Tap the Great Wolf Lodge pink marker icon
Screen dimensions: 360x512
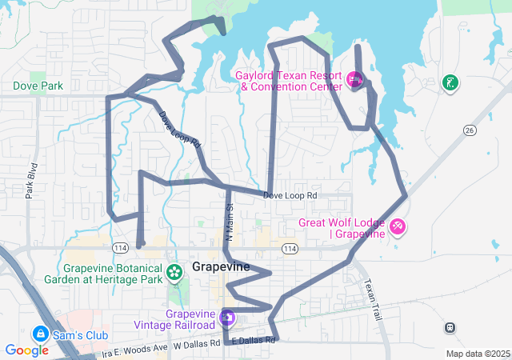398,228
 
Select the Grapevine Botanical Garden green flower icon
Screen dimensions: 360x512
174,273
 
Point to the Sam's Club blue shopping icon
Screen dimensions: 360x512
39,333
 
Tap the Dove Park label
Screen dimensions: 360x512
38,85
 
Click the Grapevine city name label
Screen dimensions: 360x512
222,266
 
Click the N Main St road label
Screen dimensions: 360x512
229,222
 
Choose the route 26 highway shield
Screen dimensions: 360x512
470,130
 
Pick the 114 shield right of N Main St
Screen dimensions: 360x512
290,250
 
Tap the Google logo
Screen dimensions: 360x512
26,350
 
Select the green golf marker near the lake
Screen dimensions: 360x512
450,82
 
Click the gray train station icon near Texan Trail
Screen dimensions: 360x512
450,327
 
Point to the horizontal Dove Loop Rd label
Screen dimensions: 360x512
290,195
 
